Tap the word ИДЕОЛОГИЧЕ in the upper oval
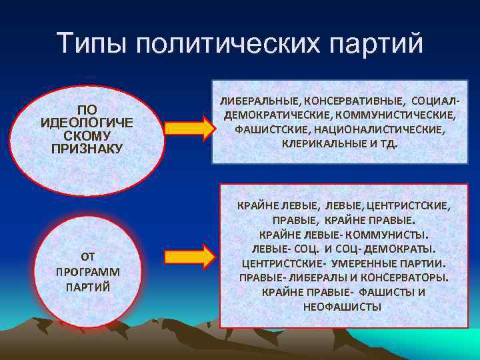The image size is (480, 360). (x=87, y=123)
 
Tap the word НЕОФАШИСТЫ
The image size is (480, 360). (x=342, y=307)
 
